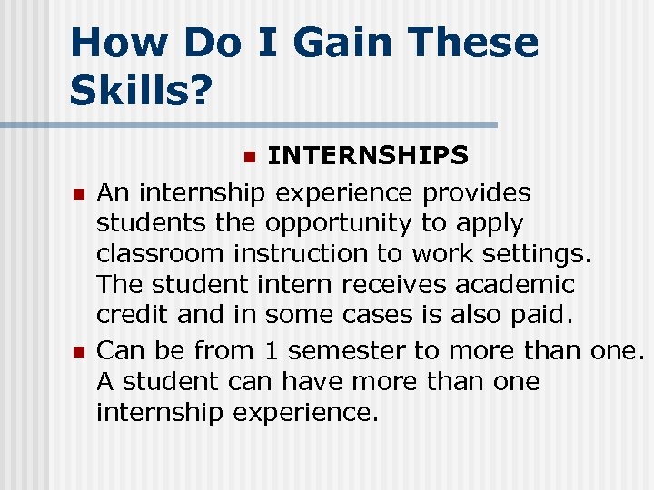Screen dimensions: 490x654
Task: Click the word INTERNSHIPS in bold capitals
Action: click(368, 156)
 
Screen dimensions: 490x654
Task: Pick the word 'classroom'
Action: click(161, 253)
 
